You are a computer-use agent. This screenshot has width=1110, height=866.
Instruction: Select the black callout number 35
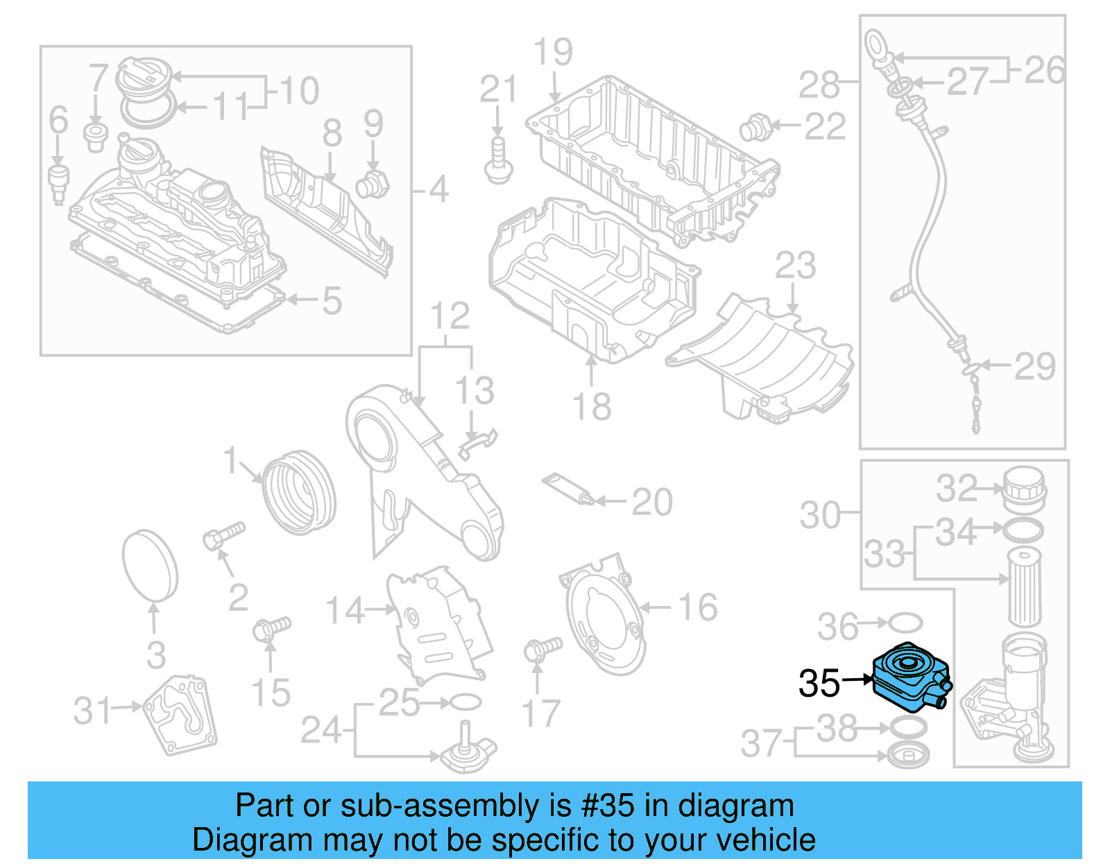tap(819, 684)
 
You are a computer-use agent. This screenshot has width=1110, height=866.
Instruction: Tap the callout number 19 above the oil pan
tap(553, 52)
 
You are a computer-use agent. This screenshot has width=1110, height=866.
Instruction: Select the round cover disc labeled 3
tap(150, 564)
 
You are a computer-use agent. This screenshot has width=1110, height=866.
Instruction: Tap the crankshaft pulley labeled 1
tap(300, 492)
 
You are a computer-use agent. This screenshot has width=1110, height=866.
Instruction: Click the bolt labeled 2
tap(224, 536)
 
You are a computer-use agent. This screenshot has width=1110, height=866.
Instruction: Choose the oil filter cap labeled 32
tap(1024, 488)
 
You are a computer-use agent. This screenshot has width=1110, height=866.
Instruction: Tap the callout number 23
tap(795, 266)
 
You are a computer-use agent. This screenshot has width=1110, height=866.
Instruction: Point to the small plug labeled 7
tap(96, 136)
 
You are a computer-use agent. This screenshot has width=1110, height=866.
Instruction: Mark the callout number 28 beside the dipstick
tap(819, 85)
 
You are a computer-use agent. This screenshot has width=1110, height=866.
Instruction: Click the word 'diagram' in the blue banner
tap(735, 806)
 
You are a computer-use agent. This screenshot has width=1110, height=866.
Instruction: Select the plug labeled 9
tap(372, 184)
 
